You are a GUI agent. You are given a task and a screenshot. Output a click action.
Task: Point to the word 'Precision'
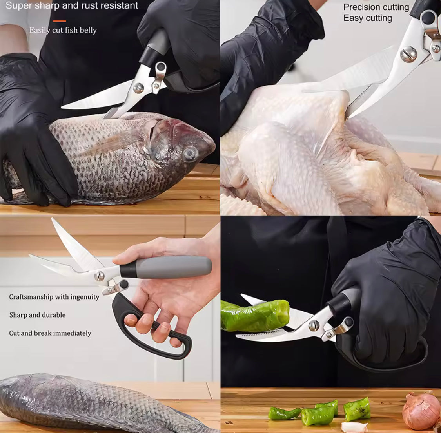click(x=360, y=7)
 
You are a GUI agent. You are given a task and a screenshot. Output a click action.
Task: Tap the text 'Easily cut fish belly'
click(x=63, y=30)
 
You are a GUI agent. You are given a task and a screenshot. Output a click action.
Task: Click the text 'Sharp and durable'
click(x=37, y=315)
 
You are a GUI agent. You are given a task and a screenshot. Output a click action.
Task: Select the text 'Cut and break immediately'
click(x=50, y=333)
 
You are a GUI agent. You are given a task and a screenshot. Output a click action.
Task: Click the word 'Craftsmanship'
click(x=31, y=297)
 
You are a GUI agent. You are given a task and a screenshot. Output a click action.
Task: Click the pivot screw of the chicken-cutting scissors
click(x=408, y=54)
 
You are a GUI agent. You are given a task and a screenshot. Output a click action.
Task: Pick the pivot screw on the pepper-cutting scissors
click(x=314, y=325)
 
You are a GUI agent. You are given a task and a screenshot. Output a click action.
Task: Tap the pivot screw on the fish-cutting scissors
click(x=138, y=88)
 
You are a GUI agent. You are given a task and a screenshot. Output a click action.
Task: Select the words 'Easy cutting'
click(x=367, y=18)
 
